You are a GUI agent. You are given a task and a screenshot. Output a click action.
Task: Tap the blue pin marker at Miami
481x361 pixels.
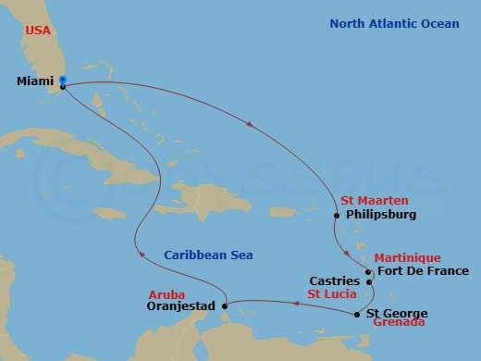point(62,81)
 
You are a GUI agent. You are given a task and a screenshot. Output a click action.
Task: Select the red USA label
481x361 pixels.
point(38,30)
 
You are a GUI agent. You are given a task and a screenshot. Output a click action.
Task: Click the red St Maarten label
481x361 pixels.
point(372,200)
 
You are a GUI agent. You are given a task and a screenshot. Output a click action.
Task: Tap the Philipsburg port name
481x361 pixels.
point(379,215)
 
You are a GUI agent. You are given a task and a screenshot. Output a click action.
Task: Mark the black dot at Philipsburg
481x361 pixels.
point(337,216)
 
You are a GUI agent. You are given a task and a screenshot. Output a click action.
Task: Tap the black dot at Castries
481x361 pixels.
point(367,280)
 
